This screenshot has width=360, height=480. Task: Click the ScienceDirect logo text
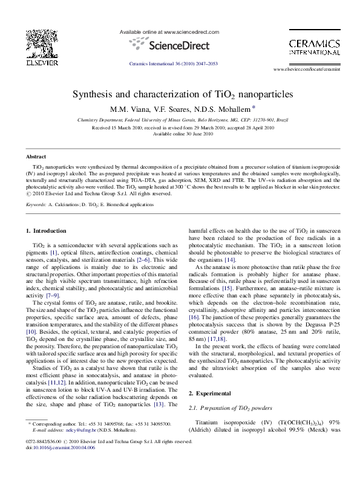pyautogui.click(x=180, y=45)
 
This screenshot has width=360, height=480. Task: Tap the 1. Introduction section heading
pyautogui.click(x=46, y=230)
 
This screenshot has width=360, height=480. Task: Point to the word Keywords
pyautogui.click(x=36, y=205)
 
